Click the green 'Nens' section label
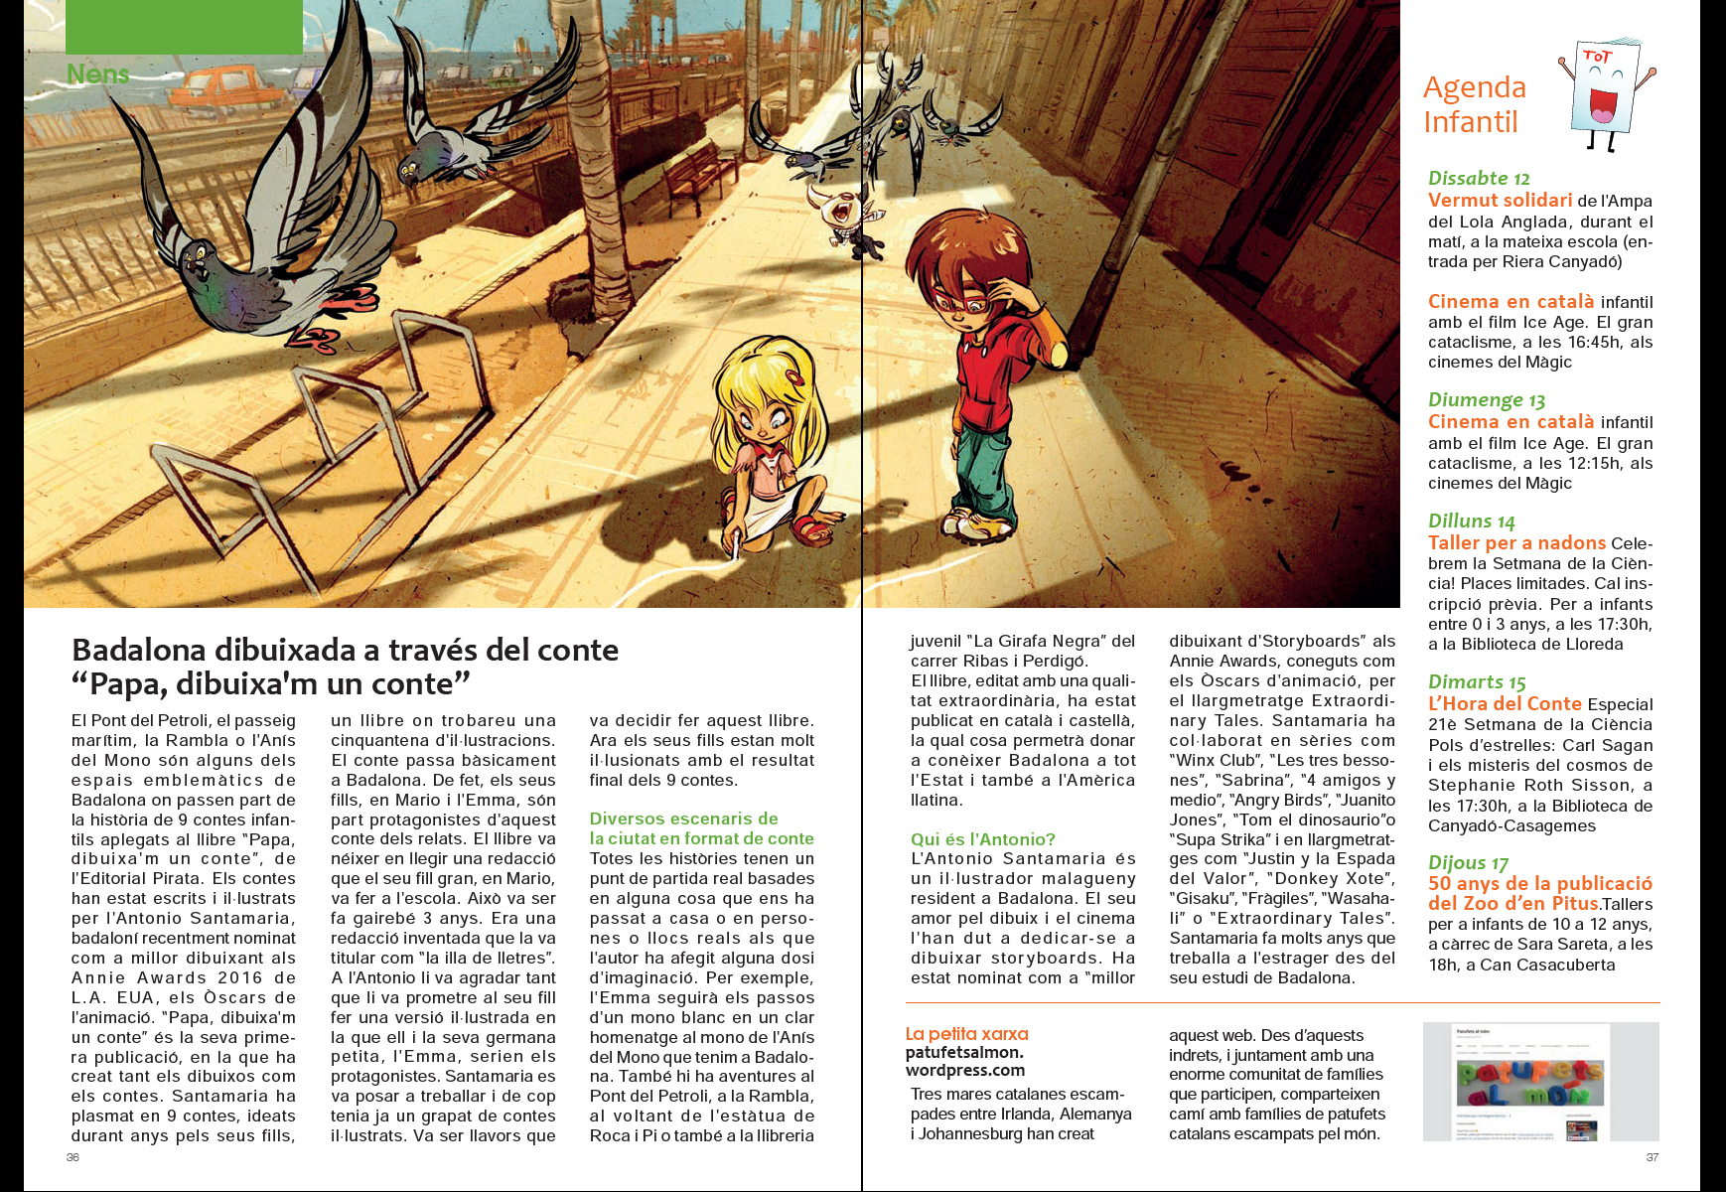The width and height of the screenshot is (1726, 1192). coord(97,74)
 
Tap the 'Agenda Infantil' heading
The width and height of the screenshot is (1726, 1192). coord(1474,104)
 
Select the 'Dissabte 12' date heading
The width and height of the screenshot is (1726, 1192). coord(1479,179)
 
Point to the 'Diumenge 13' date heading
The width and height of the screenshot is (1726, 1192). coord(1486,400)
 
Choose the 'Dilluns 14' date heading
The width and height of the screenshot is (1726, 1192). coord(1471,521)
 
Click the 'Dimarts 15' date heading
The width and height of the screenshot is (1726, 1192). coord(1476,682)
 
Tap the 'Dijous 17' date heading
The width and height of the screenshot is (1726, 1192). coord(1468,863)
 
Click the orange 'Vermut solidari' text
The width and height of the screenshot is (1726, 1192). coord(1500,201)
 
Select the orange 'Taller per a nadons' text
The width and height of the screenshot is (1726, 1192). coord(1515,543)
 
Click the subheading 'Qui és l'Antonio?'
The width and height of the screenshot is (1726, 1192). coord(982,839)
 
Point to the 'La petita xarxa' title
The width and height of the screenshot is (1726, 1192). coord(966,1034)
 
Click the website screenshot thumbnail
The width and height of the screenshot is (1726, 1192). coord(1540,1081)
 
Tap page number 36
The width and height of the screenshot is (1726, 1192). coord(72,1157)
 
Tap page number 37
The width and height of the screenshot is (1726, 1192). coord(1653,1157)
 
